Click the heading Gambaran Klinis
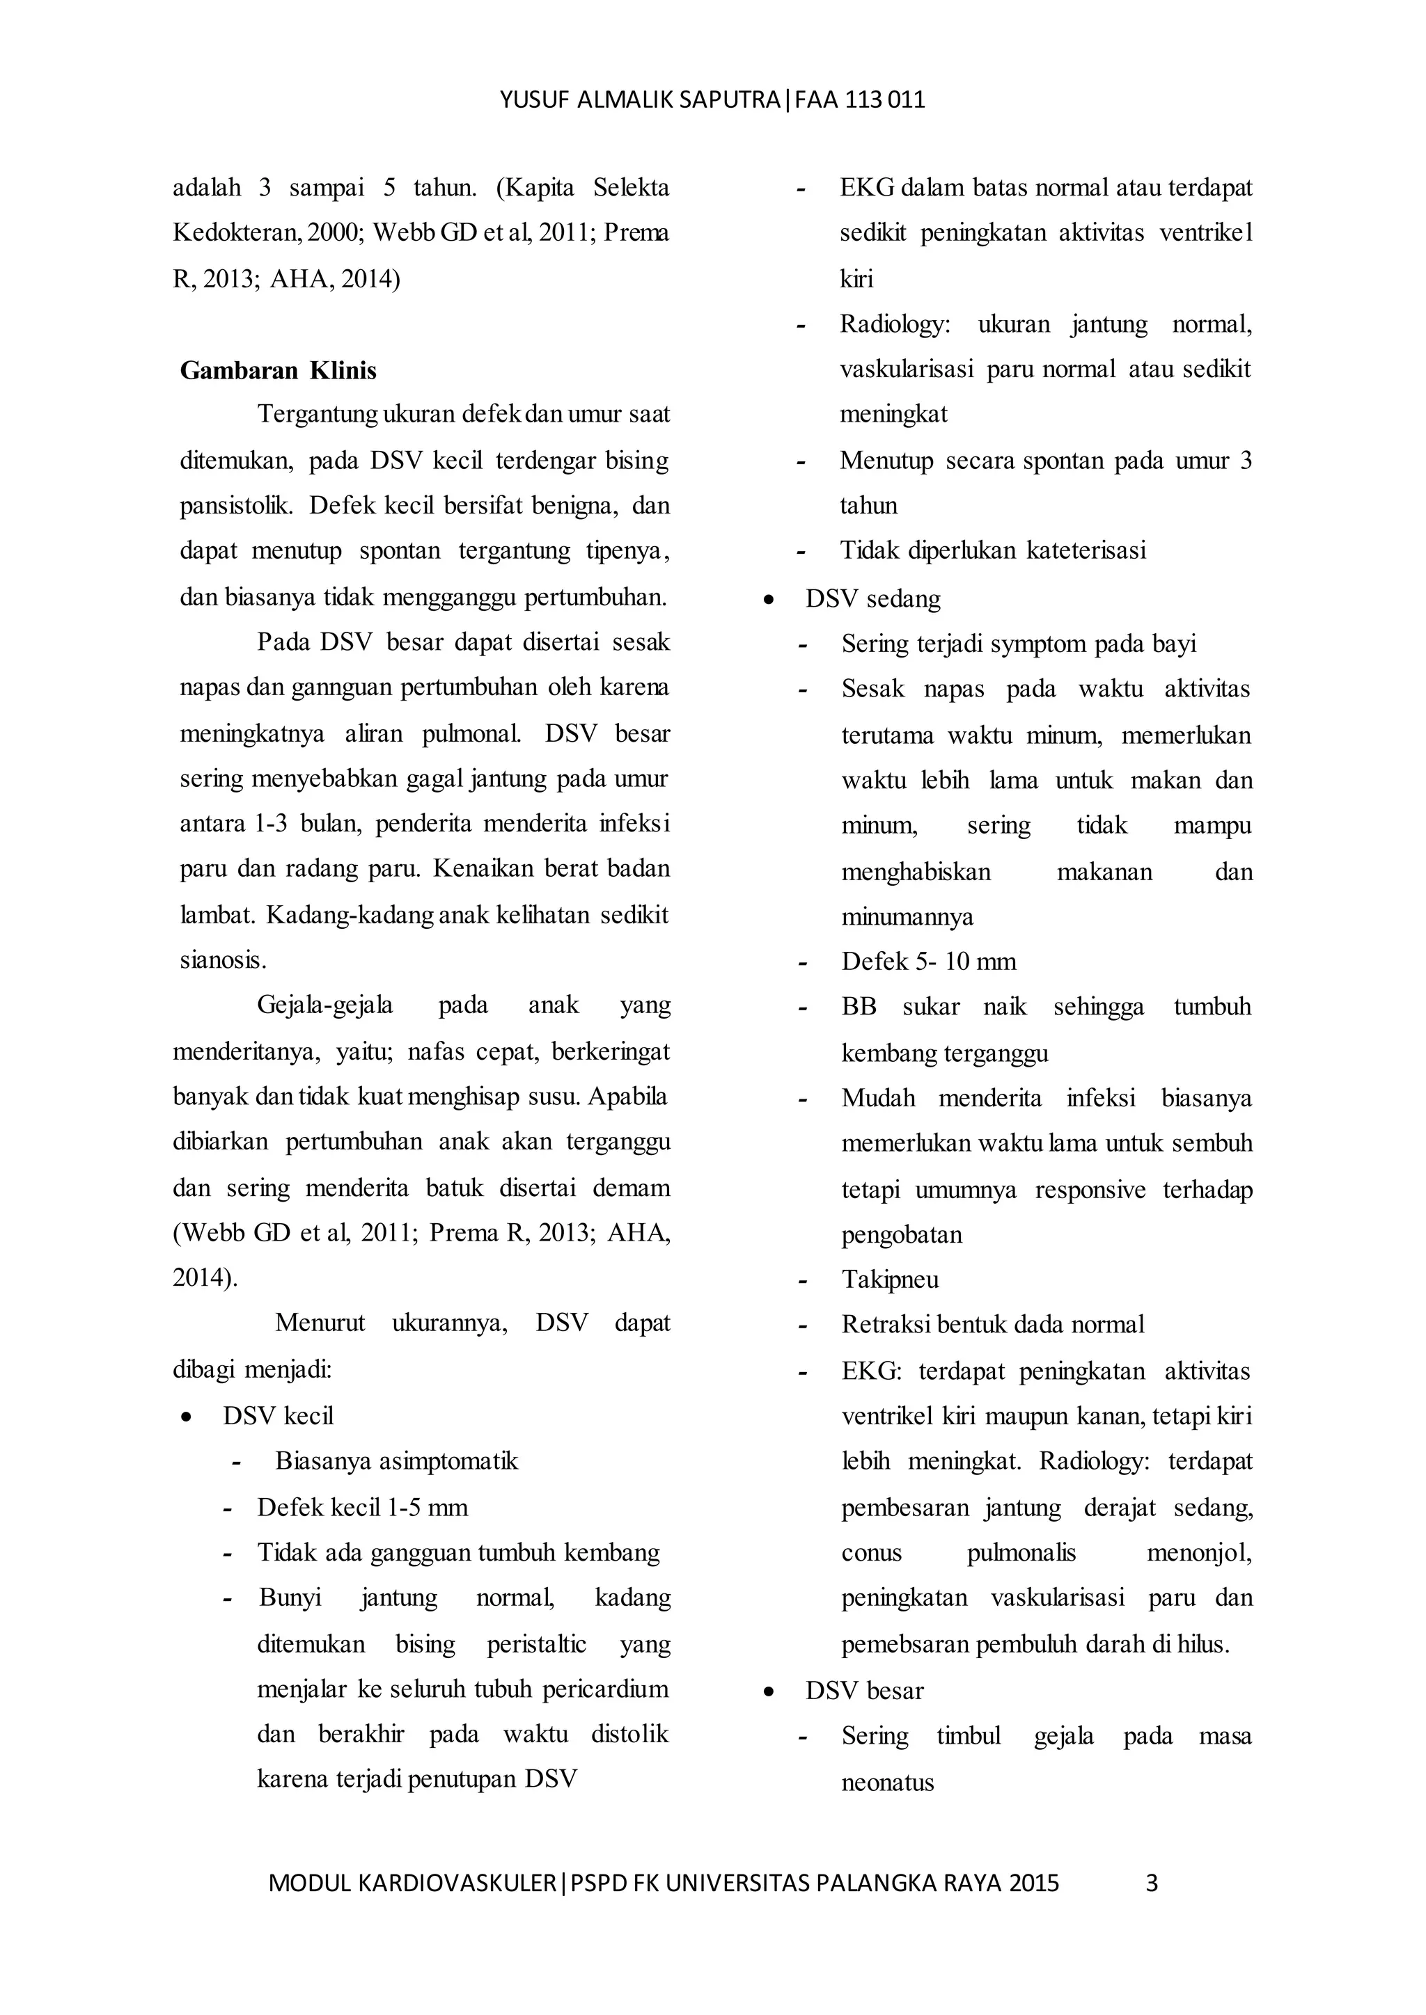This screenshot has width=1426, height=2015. pos(279,372)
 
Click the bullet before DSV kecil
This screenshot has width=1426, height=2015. pos(185,1417)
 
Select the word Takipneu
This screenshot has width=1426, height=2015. pos(889,1280)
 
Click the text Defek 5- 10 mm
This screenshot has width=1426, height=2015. pos(928,962)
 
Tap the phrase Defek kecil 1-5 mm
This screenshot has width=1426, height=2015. pos(362,1508)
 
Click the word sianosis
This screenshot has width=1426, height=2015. pos(223,960)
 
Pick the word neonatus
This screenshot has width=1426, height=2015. pos(887,1783)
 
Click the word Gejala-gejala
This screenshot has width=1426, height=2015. pos(325,1005)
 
